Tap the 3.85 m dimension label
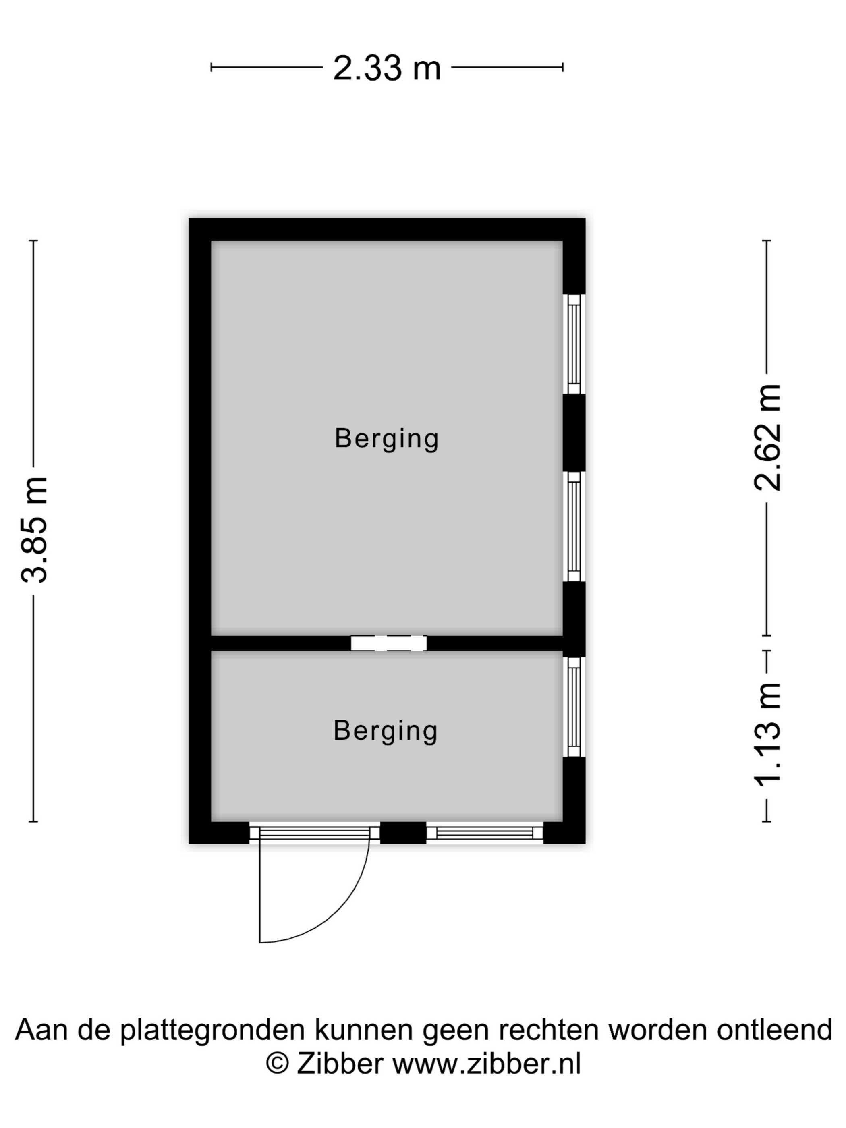34,530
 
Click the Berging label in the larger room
386,439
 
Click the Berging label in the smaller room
386,731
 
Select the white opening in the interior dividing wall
389,643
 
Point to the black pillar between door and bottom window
403,833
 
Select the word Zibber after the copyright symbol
340,1064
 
